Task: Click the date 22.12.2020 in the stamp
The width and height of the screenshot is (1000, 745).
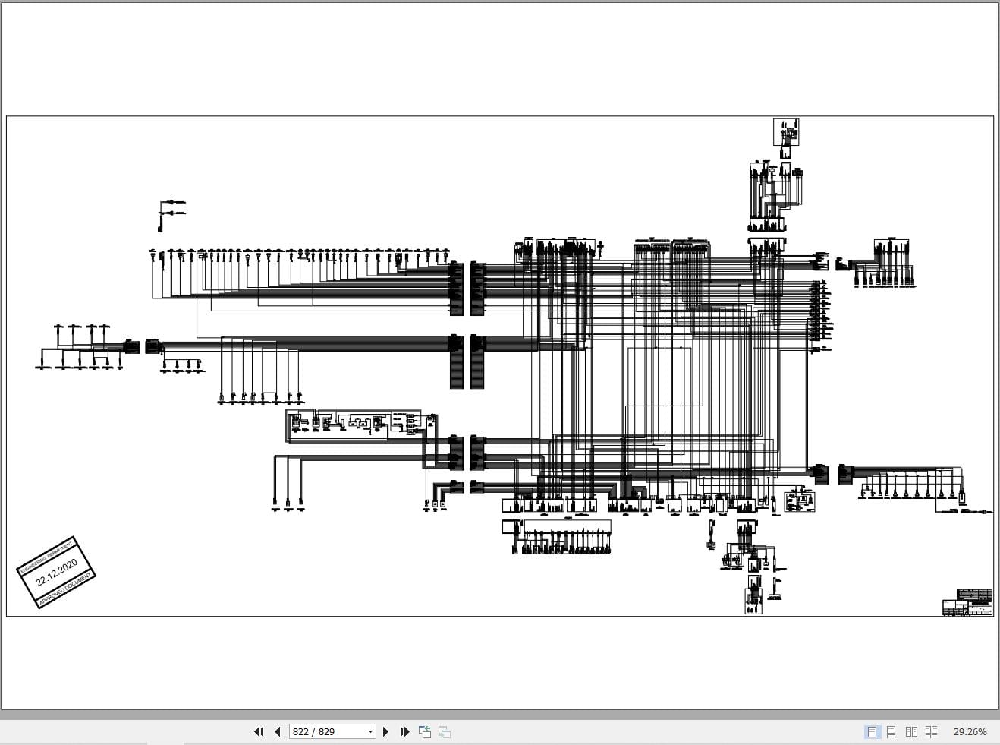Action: pyautogui.click(x=57, y=571)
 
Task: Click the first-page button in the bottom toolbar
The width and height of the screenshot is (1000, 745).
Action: pyautogui.click(x=259, y=731)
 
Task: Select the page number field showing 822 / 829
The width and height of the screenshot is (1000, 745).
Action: pyautogui.click(x=326, y=731)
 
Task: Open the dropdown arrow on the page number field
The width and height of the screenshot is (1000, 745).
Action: pyautogui.click(x=370, y=731)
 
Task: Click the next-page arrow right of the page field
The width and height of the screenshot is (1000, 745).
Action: pyautogui.click(x=385, y=731)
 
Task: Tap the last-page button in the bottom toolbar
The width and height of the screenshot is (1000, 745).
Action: pyautogui.click(x=404, y=731)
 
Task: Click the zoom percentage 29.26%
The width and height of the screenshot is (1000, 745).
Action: pyautogui.click(x=970, y=731)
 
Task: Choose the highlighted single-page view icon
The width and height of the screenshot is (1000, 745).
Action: pyautogui.click(x=872, y=731)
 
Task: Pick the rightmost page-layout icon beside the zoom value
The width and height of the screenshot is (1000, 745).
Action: pyautogui.click(x=931, y=731)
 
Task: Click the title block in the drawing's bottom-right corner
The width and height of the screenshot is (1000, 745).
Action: pyautogui.click(x=967, y=602)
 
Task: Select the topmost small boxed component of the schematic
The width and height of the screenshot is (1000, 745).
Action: pyautogui.click(x=786, y=132)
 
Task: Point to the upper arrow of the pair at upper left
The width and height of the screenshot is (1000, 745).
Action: pyautogui.click(x=175, y=202)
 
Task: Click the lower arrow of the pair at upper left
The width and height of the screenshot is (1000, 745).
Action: pyautogui.click(x=175, y=213)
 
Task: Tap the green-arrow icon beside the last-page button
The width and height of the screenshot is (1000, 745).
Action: pyautogui.click(x=425, y=731)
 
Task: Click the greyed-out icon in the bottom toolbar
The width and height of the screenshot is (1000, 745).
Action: pyautogui.click(x=445, y=731)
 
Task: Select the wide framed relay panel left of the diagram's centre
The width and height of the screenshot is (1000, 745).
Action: pyautogui.click(x=338, y=425)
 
